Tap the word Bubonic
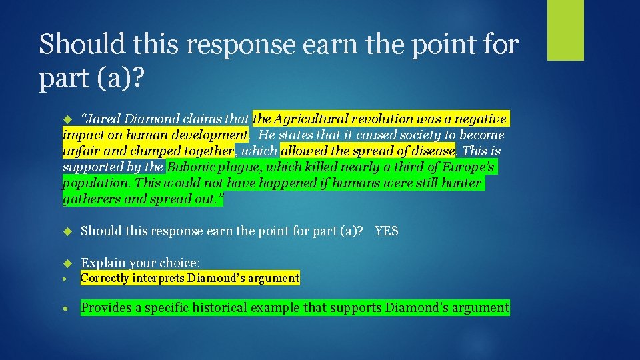tap(192, 167)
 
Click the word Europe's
tap(467, 167)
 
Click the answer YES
tap(386, 231)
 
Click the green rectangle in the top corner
tap(565, 30)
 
